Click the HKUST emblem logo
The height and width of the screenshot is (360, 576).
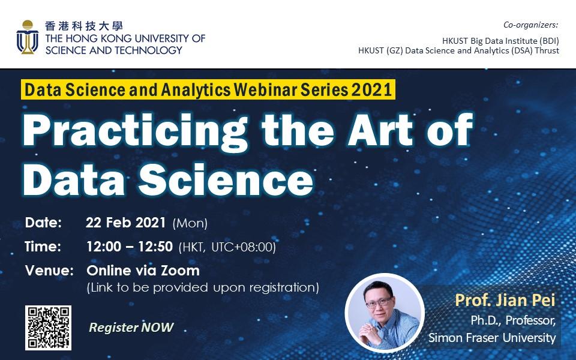tap(28, 37)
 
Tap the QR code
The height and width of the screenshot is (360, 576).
tap(48, 328)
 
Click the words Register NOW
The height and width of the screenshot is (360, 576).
tap(131, 328)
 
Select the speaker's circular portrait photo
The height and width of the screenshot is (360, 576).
tap(385, 313)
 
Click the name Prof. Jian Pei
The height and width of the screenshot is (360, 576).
tap(505, 300)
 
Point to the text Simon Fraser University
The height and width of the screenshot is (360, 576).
tap(492, 337)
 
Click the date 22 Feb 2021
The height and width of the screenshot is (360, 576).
tap(125, 223)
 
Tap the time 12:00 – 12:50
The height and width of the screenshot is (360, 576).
tap(130, 247)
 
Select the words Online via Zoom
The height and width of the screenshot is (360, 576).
tap(143, 271)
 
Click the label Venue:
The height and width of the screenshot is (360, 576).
tap(49, 271)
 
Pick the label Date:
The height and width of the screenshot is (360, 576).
tap(43, 223)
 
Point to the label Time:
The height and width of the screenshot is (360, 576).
tap(43, 247)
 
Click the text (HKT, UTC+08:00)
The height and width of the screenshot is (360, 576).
tap(227, 247)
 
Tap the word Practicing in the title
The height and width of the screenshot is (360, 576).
tap(135, 131)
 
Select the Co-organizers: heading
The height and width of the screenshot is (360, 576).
tap(531, 25)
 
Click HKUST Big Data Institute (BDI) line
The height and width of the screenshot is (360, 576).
tap(500, 40)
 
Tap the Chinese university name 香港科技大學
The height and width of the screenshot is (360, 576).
tap(84, 26)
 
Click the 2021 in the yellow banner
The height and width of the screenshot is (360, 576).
tap(372, 89)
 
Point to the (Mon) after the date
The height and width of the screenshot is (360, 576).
tap(190, 223)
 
